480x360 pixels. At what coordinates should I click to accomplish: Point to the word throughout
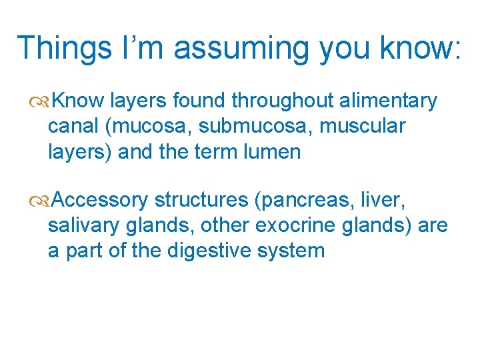(x=283, y=101)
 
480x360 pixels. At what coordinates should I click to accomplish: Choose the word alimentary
(x=389, y=101)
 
